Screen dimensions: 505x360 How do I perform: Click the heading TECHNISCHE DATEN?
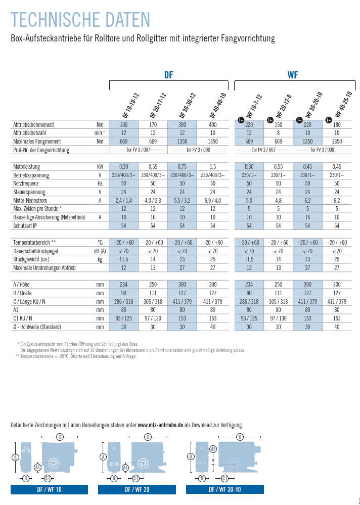click(81, 20)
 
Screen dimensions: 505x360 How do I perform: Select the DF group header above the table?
click(168, 75)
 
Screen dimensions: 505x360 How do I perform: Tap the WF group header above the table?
click(292, 75)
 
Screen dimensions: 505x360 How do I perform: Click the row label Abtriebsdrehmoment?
click(33, 124)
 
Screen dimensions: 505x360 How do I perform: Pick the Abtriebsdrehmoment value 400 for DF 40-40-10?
click(212, 124)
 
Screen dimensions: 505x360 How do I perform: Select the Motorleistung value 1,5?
click(212, 166)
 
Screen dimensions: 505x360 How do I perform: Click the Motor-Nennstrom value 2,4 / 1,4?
click(123, 200)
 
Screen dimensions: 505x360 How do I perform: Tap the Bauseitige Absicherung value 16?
click(307, 217)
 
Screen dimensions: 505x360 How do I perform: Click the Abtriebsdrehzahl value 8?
click(278, 133)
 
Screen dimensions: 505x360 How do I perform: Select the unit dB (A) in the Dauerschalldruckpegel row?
click(100, 251)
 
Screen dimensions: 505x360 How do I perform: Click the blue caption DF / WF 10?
click(49, 489)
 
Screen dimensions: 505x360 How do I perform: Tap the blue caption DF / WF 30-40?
click(225, 489)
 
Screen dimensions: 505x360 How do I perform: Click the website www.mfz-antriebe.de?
click(160, 425)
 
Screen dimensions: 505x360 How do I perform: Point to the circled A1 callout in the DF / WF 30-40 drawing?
click(213, 449)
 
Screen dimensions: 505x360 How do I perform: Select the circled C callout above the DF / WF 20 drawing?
click(148, 437)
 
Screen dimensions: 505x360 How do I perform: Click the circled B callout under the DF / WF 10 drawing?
click(26, 478)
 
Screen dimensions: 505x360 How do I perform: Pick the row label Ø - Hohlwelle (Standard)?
click(37, 327)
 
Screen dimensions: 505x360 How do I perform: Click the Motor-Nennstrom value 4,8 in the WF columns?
click(278, 200)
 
